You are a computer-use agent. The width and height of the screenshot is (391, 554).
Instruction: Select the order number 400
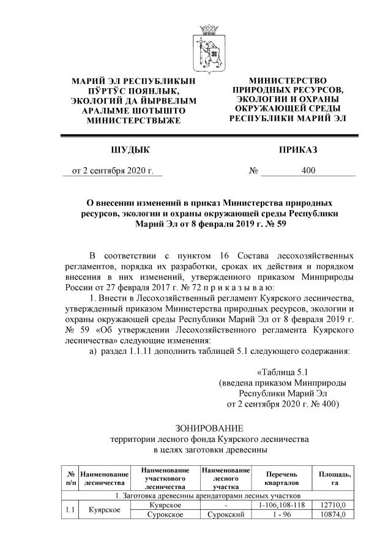click(308, 171)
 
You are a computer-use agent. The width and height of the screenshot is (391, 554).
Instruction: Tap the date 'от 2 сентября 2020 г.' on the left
click(113, 171)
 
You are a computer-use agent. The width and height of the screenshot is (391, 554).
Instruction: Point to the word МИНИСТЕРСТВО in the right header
click(288, 81)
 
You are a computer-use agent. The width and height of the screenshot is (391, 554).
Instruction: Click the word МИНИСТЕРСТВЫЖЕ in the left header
click(125, 121)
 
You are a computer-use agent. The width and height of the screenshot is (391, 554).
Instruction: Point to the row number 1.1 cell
click(70, 510)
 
